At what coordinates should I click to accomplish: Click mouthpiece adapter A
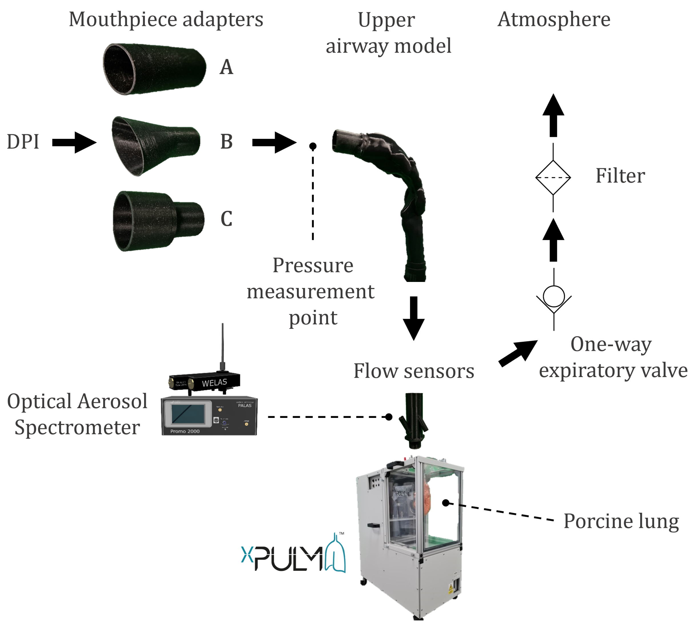click(x=155, y=69)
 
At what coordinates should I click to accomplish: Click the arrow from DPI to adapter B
click(x=74, y=142)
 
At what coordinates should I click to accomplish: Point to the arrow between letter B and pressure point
click(x=274, y=142)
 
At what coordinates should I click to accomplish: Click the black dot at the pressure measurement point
click(x=313, y=146)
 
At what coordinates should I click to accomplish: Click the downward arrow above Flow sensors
click(x=414, y=318)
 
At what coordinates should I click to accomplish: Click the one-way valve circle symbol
click(x=554, y=296)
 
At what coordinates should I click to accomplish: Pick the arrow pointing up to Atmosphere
click(x=553, y=115)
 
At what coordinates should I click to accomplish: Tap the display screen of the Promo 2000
click(x=187, y=414)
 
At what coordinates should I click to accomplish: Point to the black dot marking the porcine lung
click(x=446, y=503)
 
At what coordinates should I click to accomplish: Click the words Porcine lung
click(x=621, y=521)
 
